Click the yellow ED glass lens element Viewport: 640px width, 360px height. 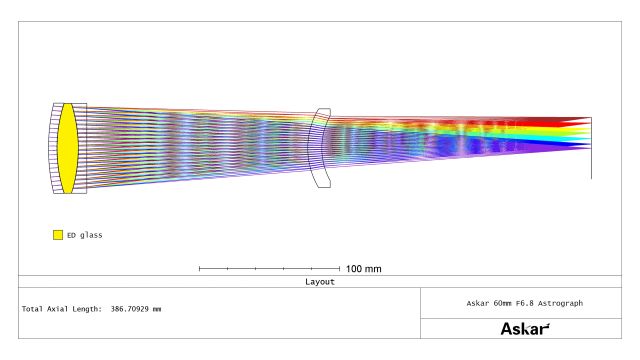click(x=67, y=148)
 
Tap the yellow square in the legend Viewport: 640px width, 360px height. click(x=58, y=235)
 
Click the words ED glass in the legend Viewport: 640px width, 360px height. click(x=84, y=235)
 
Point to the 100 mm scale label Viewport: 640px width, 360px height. click(x=364, y=269)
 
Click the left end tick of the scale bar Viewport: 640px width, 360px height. click(x=199, y=269)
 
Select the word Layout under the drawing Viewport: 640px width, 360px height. click(x=320, y=282)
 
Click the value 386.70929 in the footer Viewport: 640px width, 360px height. click(x=129, y=309)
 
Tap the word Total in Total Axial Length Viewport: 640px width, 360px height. click(x=32, y=309)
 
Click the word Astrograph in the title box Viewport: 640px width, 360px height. click(x=560, y=303)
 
